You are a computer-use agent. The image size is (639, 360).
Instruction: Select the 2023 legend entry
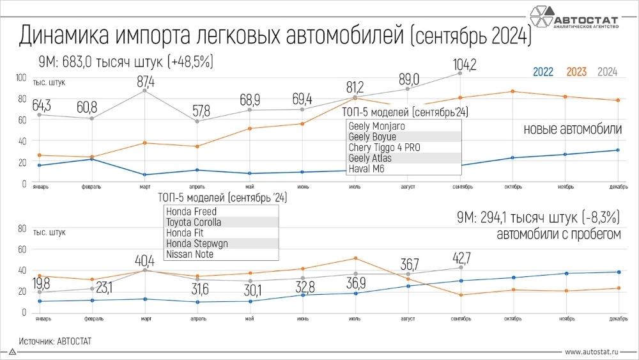(x=576, y=72)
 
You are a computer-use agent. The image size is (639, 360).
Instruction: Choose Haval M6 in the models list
(x=367, y=169)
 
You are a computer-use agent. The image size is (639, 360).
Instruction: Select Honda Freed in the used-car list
(x=191, y=212)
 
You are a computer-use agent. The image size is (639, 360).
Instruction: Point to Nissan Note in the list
(x=190, y=254)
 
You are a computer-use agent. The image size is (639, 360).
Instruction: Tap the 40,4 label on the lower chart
(x=146, y=262)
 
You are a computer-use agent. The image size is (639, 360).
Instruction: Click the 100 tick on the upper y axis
(x=20, y=77)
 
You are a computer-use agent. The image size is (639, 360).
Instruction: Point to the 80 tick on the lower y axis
(x=21, y=228)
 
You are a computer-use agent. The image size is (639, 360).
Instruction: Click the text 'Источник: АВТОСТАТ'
(x=55, y=341)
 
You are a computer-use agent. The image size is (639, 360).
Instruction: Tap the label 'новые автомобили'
(x=572, y=129)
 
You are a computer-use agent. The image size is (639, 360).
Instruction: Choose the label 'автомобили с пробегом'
(x=559, y=235)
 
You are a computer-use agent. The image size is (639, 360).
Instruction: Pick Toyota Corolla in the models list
(x=194, y=223)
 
